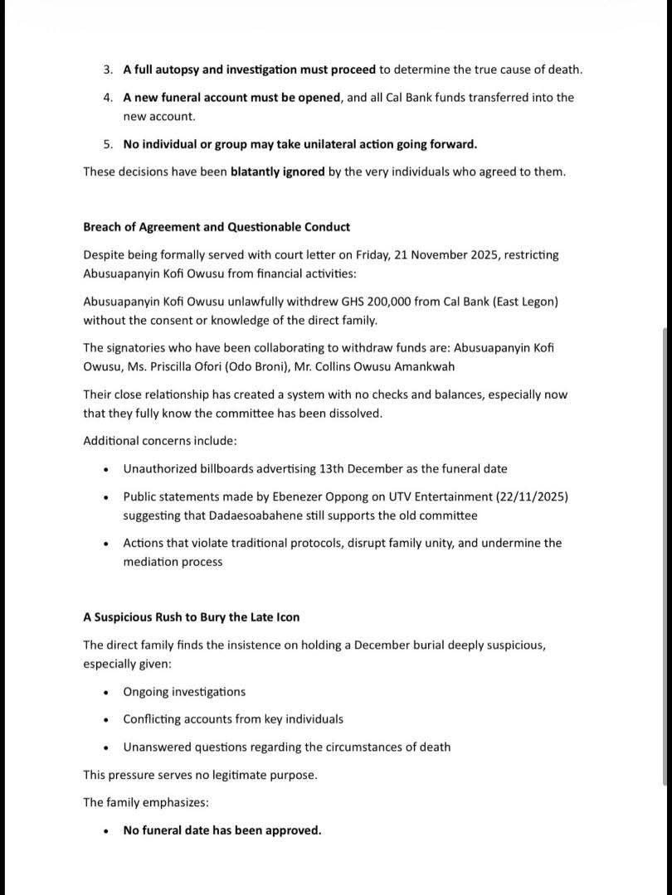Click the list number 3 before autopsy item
coord(107,70)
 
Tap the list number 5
coord(107,144)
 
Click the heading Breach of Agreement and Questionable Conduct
coord(217,227)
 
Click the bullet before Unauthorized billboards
coord(106,469)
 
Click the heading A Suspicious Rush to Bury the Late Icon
coord(192,617)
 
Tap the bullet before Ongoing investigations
coord(106,692)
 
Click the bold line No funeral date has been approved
coord(222,830)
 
